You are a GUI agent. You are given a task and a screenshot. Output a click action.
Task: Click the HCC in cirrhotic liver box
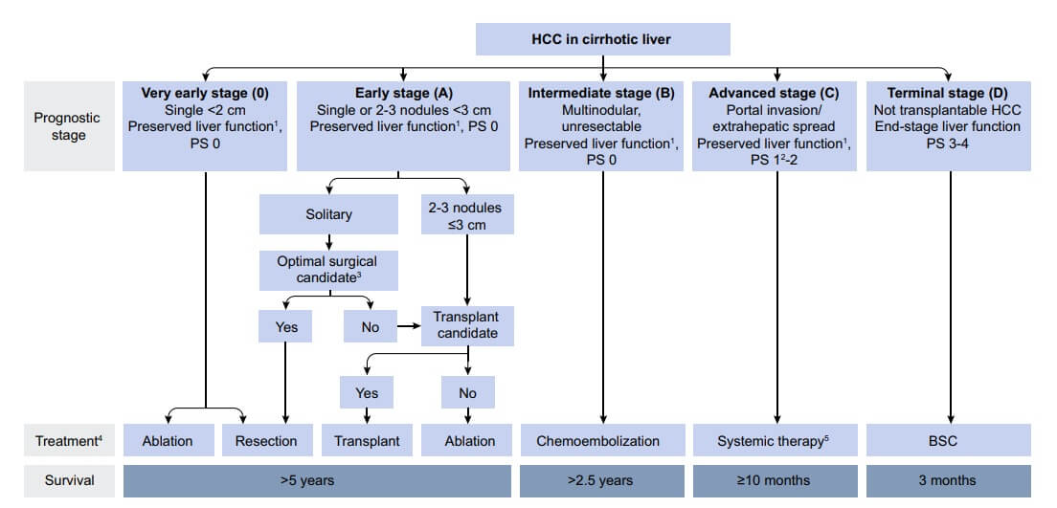coord(603,38)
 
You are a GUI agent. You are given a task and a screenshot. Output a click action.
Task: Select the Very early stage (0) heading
coord(205,94)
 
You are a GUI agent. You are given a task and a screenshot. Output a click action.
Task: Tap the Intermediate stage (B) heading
coord(601,94)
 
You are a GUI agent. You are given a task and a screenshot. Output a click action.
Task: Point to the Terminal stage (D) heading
coord(948,94)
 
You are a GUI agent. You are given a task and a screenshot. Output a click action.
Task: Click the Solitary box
coord(327,214)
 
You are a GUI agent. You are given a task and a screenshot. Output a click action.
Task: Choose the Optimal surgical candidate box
coord(327,269)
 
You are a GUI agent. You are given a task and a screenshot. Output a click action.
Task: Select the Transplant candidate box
coord(466,326)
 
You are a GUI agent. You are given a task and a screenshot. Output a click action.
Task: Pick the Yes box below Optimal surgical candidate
coord(286,327)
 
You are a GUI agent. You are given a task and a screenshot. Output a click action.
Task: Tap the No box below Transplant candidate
coord(466,393)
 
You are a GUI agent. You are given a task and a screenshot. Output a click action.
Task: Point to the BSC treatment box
coord(948,441)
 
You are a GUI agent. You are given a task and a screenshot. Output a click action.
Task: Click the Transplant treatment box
coord(367,441)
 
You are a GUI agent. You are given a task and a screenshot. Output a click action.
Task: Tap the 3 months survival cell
coord(948,480)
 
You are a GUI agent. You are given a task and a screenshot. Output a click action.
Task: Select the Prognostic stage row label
coord(67,126)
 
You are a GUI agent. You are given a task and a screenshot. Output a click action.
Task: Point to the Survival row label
coord(67,480)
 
